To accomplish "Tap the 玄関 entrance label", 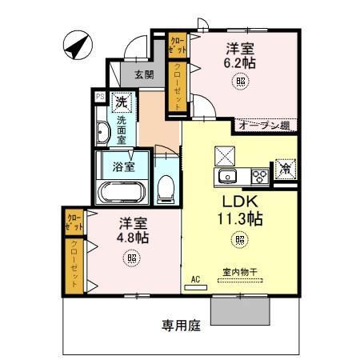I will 144,74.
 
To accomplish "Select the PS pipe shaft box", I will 100,96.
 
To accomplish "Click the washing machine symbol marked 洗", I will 121,102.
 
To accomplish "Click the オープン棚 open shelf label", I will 263,125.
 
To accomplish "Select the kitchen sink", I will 228,175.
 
